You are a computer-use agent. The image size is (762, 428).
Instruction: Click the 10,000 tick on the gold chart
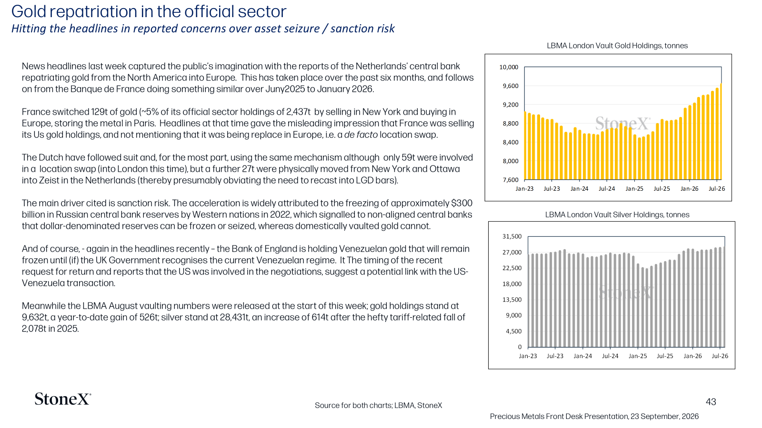pos(509,67)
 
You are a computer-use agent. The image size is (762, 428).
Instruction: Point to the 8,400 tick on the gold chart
pos(511,142)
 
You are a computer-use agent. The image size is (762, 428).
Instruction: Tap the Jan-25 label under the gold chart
pos(634,188)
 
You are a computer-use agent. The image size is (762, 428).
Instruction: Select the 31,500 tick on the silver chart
pos(512,236)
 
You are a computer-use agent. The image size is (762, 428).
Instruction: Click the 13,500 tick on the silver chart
pos(512,300)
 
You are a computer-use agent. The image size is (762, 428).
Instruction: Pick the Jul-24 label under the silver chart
pos(610,356)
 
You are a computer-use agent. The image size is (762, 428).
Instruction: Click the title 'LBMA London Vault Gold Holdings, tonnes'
pos(617,46)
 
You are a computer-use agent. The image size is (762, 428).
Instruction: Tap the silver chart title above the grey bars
pos(617,214)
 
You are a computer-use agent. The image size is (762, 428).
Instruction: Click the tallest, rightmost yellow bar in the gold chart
pos(721,132)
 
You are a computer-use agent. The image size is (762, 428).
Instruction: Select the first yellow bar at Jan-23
pos(525,146)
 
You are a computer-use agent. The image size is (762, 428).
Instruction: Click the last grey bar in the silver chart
pos(724,297)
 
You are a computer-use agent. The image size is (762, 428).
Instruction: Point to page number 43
pos(711,402)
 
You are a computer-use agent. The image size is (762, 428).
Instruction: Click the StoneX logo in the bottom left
pos(63,399)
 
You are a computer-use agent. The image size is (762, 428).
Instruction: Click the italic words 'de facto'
pos(361,135)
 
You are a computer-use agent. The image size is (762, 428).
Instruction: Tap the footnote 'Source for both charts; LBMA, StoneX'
pos(378,405)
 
